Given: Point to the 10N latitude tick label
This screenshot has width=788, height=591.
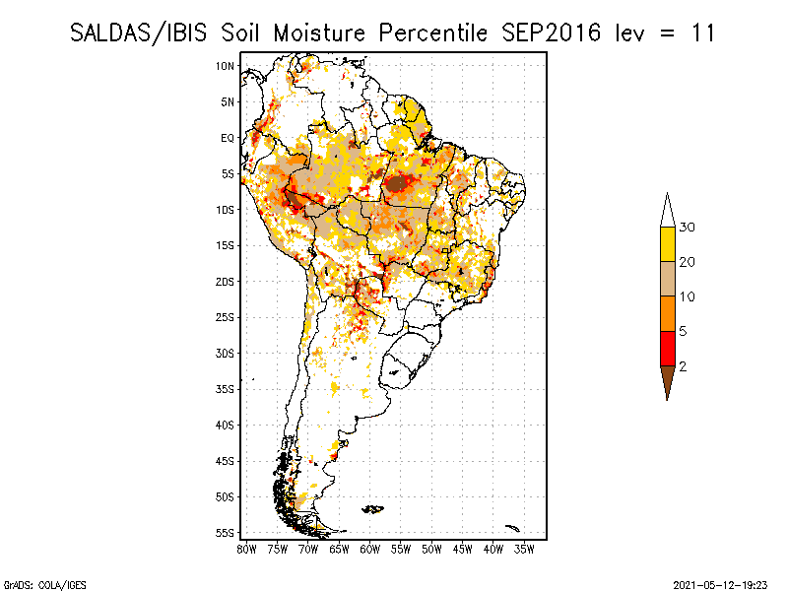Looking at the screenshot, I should [226, 66].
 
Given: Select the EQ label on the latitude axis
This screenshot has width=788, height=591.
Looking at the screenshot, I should [228, 138].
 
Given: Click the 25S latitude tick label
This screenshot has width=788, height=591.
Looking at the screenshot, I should [226, 317].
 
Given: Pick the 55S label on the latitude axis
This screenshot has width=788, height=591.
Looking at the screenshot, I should [226, 533].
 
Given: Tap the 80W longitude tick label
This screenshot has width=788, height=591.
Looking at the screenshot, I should [246, 549].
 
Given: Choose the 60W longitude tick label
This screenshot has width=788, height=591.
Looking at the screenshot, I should [370, 549].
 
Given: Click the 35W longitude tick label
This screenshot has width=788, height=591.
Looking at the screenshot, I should [525, 549].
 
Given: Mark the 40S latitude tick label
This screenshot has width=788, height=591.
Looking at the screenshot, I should [226, 425].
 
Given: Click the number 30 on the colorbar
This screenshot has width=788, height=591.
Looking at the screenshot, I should [689, 228].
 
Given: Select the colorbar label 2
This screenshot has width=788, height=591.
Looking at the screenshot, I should [683, 365].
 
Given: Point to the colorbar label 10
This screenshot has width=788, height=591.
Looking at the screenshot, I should [689, 296].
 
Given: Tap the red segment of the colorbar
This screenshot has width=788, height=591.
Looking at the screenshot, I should [667, 348].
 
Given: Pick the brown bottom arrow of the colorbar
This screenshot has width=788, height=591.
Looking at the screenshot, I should [667, 381].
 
